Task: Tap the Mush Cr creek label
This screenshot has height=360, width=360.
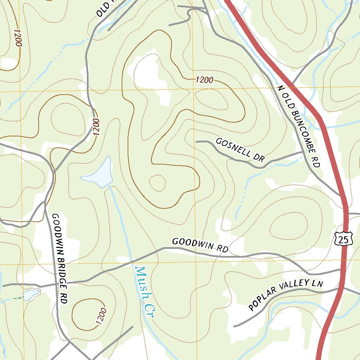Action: tap(144, 292)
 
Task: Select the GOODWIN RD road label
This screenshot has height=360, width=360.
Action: tap(200, 245)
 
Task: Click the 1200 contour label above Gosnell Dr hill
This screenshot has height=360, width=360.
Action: tap(204, 80)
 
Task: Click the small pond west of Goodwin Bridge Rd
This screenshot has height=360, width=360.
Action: tap(31, 294)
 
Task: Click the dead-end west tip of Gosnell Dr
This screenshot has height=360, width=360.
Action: tap(196, 142)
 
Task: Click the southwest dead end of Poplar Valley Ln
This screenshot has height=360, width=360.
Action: tap(234, 326)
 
